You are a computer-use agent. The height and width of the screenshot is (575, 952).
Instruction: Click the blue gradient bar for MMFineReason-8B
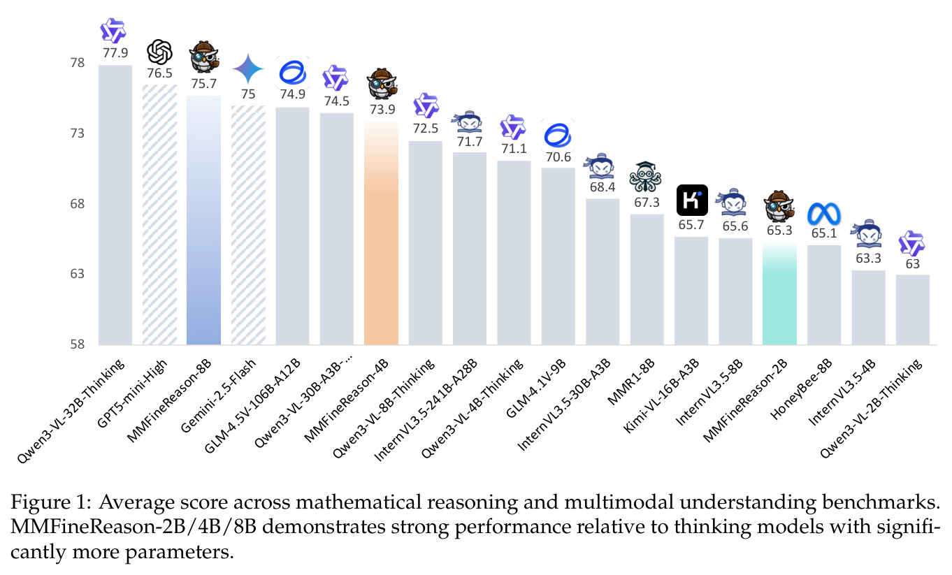pyautogui.click(x=203, y=220)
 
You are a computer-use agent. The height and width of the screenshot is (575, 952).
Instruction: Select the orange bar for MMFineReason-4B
pyautogui.click(x=381, y=233)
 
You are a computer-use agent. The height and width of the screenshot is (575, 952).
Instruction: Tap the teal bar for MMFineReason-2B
pyautogui.click(x=779, y=294)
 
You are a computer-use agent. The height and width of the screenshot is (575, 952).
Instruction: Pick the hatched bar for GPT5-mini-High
pyautogui.click(x=159, y=214)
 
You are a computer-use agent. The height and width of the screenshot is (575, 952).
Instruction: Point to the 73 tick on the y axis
pyautogui.click(x=78, y=133)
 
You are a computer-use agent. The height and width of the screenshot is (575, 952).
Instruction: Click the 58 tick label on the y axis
pyautogui.click(x=78, y=344)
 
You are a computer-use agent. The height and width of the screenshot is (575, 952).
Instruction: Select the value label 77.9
pyautogui.click(x=115, y=52)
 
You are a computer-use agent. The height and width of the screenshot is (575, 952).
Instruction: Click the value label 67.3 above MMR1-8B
pyautogui.click(x=647, y=203)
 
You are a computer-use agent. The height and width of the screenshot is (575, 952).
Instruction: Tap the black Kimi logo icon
pyautogui.click(x=692, y=200)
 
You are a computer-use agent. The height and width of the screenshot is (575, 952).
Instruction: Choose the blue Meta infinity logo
pyautogui.click(x=823, y=214)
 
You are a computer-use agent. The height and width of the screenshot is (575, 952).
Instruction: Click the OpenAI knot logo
pyautogui.click(x=159, y=52)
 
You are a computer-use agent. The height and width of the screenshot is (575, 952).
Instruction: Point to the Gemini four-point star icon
pyautogui.click(x=248, y=68)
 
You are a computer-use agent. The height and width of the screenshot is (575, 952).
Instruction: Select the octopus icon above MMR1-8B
pyautogui.click(x=645, y=177)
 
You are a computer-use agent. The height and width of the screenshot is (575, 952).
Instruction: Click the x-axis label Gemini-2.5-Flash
pyautogui.click(x=218, y=396)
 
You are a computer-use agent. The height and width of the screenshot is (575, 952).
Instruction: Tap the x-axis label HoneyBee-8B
pyautogui.click(x=801, y=389)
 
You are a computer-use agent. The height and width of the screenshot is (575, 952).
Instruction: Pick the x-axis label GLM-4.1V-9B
pyautogui.click(x=535, y=388)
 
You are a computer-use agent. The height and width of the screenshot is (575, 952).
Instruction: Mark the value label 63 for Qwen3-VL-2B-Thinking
pyautogui.click(x=912, y=264)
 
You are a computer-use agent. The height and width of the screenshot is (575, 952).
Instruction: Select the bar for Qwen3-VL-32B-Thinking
pyautogui.click(x=115, y=205)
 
